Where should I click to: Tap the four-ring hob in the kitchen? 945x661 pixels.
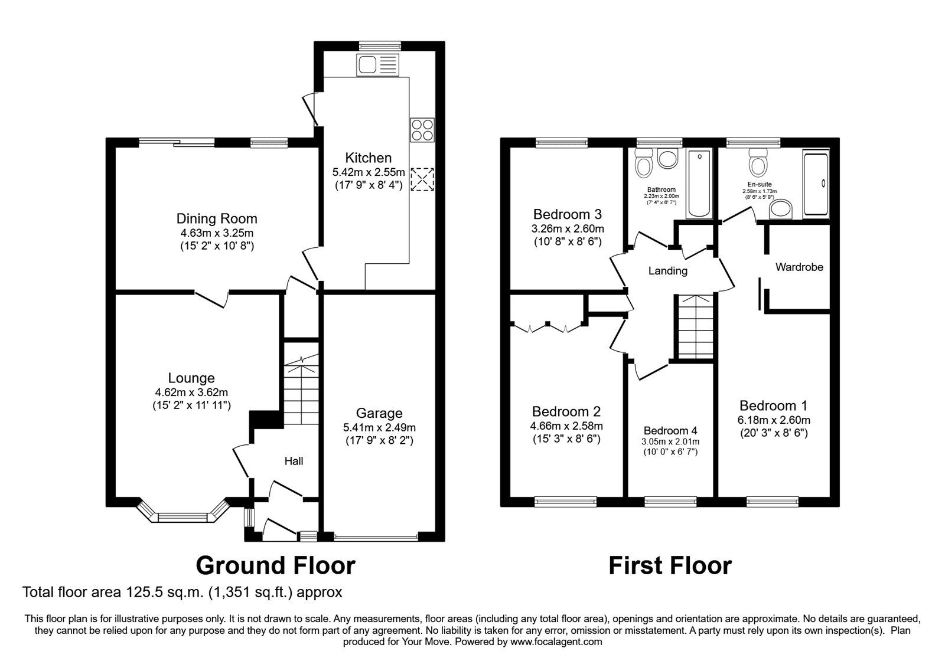pyautogui.click(x=422, y=129)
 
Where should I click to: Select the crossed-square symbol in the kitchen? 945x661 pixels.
pyautogui.click(x=422, y=179)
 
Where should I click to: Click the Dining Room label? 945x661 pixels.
pyautogui.click(x=217, y=219)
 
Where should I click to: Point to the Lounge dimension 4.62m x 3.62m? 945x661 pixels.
pyautogui.click(x=191, y=392)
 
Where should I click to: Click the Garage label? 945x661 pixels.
pyautogui.click(x=380, y=413)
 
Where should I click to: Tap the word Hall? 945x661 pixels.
pyautogui.click(x=294, y=461)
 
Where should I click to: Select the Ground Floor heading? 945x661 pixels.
pyautogui.click(x=275, y=565)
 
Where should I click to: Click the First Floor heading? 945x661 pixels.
pyautogui.click(x=670, y=565)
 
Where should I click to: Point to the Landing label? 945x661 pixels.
pyautogui.click(x=667, y=271)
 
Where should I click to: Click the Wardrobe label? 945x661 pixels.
pyautogui.click(x=799, y=267)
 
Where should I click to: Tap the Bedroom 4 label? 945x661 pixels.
pyautogui.click(x=670, y=430)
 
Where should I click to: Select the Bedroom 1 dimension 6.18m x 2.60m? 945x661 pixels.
pyautogui.click(x=773, y=420)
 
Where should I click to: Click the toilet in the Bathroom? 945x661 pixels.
pyautogui.click(x=643, y=163)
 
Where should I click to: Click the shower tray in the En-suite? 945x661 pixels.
pyautogui.click(x=816, y=183)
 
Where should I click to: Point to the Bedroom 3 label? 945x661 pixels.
pyautogui.click(x=567, y=214)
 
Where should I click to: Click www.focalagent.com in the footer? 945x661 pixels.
pyautogui.click(x=556, y=642)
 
